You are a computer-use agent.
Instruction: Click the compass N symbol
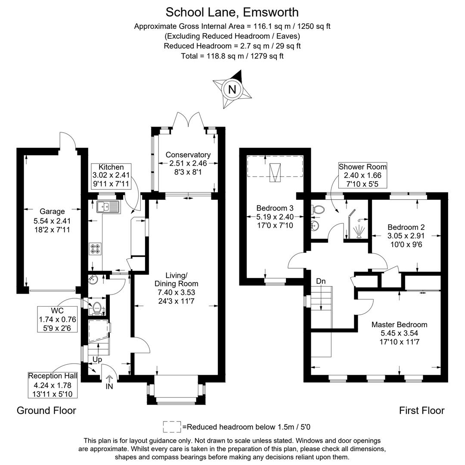[232, 90]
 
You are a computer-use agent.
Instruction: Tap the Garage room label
[52, 211]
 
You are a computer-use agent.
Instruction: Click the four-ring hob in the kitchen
[95, 249]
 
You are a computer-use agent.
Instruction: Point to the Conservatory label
[188, 155]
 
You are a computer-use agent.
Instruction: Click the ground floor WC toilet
[96, 308]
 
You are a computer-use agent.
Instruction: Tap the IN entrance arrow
[109, 379]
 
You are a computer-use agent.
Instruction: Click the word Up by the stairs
[97, 359]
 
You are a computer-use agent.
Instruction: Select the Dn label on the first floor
[321, 281]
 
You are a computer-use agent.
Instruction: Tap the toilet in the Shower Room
[318, 210]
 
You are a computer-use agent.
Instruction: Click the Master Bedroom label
[399, 325]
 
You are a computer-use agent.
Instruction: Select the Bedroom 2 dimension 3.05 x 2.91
[406, 236]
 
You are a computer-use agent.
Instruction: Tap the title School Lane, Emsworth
[232, 12]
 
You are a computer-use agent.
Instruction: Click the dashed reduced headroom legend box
[172, 427]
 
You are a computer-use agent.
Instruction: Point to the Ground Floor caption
[46, 410]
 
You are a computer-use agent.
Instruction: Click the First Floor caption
[422, 410]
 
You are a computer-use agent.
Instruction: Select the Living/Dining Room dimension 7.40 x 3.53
[177, 292]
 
